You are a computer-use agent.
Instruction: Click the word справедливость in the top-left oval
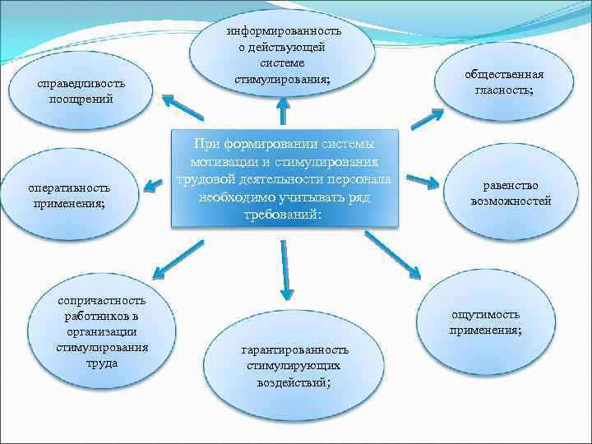coord(80,85)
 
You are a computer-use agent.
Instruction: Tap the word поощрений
coord(80,99)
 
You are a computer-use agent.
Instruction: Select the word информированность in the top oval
coord(283,31)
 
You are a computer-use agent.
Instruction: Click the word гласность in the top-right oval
coord(503,90)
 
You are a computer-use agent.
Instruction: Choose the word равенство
coord(511,186)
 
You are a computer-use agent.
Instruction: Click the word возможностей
coord(511,201)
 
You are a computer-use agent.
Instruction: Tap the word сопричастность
coord(101,301)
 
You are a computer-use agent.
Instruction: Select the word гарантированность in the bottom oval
coord(294,349)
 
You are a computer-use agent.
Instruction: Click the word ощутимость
coord(485,315)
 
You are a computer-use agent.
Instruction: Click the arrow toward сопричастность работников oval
coord(173,258)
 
